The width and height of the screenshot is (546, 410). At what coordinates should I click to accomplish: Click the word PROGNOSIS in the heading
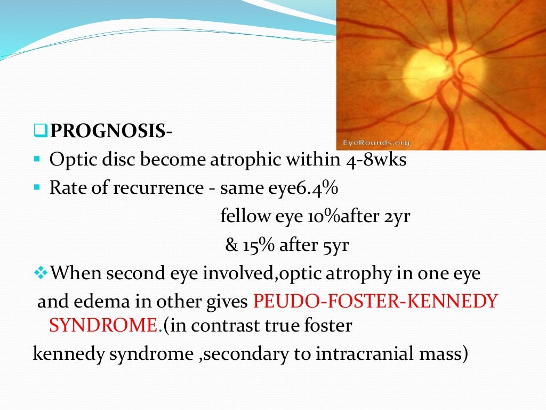coord(107,131)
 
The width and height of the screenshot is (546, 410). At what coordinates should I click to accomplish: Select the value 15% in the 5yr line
coord(261,246)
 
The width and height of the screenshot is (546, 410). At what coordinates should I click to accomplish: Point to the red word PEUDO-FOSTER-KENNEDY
coord(375,302)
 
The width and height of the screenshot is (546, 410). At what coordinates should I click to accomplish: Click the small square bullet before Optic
coord(37,160)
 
